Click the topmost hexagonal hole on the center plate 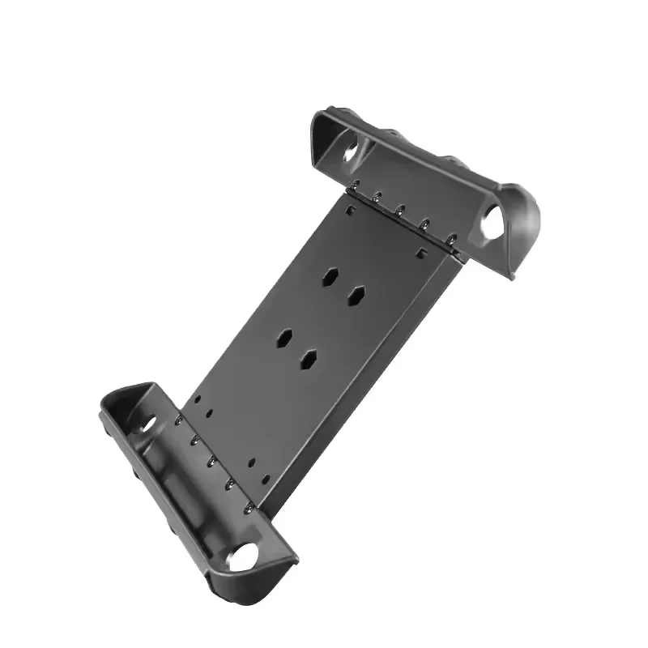[331, 275]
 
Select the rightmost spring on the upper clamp [452, 239]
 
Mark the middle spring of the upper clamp [400, 211]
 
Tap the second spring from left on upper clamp [377, 198]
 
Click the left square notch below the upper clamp [347, 207]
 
